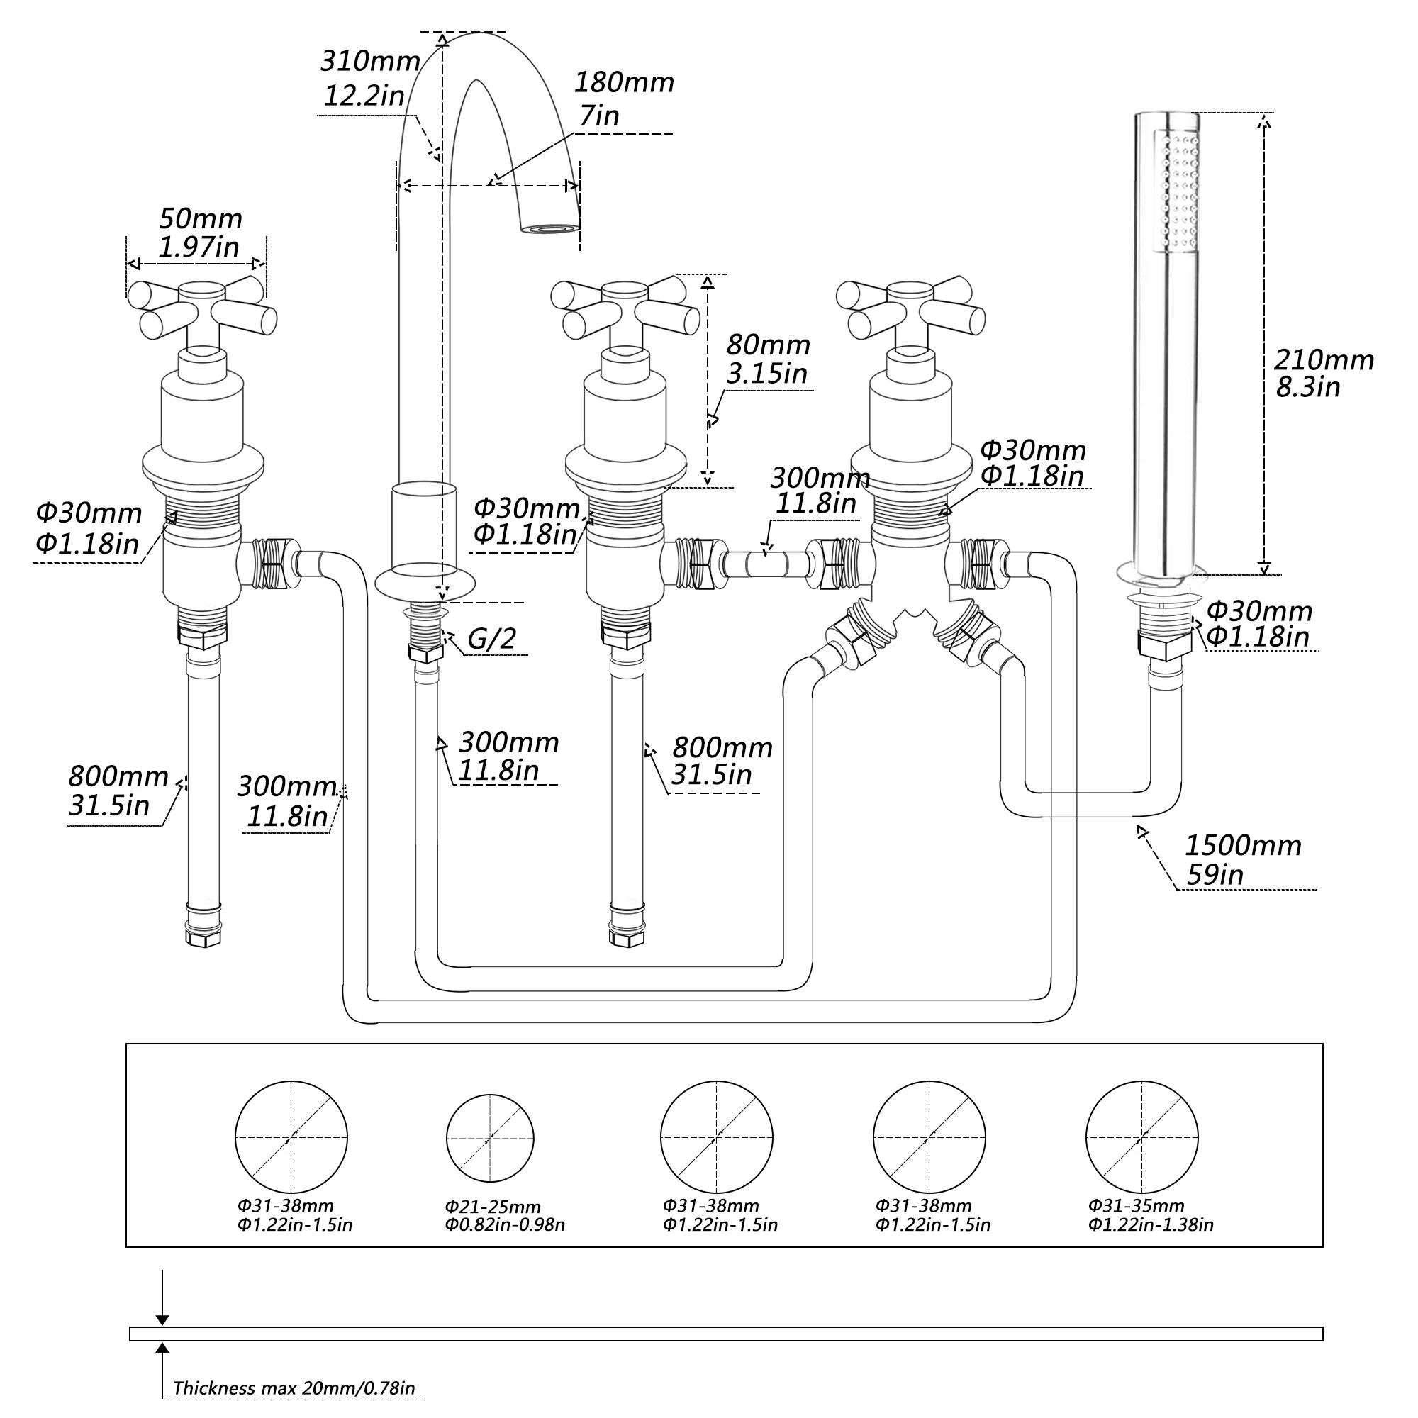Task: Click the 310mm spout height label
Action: point(370,61)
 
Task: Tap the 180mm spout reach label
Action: point(623,83)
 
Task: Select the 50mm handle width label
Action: point(201,218)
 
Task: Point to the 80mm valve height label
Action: point(768,345)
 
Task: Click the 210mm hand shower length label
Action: point(1323,359)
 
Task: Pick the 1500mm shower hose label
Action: point(1243,846)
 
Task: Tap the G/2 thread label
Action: point(491,639)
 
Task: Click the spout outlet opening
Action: point(549,230)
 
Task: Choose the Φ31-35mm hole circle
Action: point(1141,1137)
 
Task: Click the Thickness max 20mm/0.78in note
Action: point(294,1388)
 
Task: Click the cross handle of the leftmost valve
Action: point(203,308)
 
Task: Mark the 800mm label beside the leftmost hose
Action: point(118,776)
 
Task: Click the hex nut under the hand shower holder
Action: point(1164,644)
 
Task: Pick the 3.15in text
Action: point(767,374)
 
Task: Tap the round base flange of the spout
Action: point(425,586)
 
